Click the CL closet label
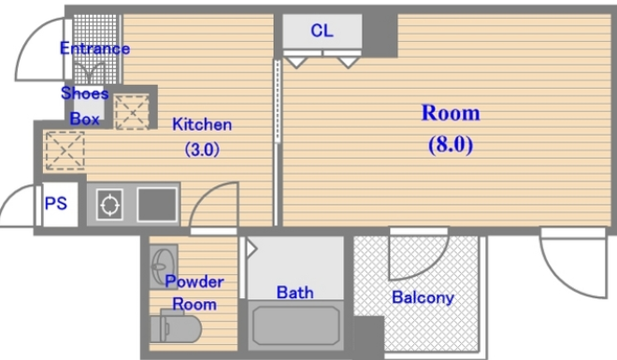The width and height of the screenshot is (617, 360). [322, 30]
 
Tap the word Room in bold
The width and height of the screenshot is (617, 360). [451, 113]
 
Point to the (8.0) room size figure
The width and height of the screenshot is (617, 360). [451, 144]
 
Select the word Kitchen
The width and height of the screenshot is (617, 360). [202, 124]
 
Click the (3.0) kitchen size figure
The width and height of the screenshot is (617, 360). [202, 150]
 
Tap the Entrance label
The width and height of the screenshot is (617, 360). [94, 49]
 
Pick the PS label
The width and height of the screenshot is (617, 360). [56, 204]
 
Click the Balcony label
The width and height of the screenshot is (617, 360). [423, 297]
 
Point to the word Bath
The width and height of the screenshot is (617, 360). [295, 293]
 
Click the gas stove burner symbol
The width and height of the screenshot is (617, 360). [109, 205]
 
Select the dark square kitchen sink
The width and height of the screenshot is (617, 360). [157, 205]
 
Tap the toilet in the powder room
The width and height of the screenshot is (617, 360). [176, 326]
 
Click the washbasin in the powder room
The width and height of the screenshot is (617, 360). [164, 266]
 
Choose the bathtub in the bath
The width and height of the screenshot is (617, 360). [295, 325]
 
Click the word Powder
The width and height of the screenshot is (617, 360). [194, 281]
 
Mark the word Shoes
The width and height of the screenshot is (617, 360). [84, 94]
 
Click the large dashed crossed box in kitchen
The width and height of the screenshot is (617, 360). [65, 151]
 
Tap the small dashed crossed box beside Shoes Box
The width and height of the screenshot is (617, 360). [132, 112]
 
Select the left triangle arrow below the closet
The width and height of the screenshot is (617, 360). [295, 62]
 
